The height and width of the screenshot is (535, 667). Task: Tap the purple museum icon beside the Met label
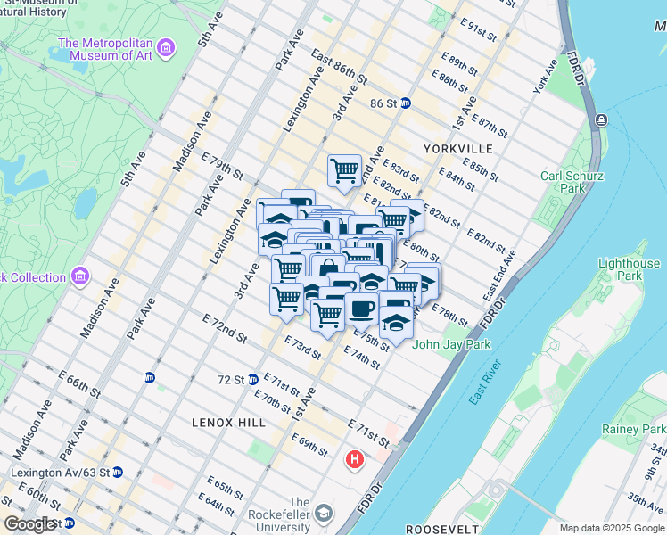165,46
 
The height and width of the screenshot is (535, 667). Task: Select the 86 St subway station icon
405,103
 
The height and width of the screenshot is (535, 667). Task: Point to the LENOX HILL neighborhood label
228,422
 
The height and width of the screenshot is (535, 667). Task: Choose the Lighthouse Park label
630,269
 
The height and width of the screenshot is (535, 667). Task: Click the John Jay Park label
448,343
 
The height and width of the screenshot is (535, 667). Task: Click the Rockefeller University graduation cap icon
323,514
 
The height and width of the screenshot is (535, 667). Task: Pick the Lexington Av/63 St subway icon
117,472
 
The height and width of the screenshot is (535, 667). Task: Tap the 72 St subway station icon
253,379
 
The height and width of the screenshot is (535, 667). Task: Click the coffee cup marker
361,309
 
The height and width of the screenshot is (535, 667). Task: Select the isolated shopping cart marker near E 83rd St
344,169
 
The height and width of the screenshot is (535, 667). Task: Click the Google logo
29,524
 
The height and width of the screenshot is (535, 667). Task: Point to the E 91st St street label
479,33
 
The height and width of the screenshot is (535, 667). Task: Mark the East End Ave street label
499,276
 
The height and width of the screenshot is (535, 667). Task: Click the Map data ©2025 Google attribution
611,528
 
